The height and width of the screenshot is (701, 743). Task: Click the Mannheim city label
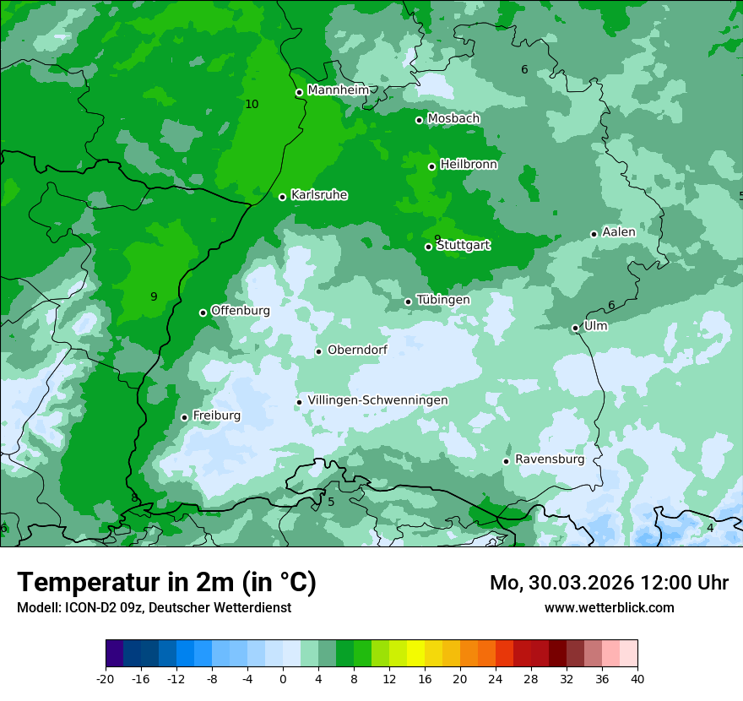pyautogui.click(x=338, y=90)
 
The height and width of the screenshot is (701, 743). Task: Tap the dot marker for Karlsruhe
pyautogui.click(x=282, y=197)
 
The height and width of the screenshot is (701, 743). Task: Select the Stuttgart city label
pyautogui.click(x=464, y=246)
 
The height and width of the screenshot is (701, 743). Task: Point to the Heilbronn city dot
pyautogui.click(x=431, y=166)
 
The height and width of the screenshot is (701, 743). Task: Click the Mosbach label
pyautogui.click(x=453, y=119)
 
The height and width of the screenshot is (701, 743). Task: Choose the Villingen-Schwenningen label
pyautogui.click(x=377, y=400)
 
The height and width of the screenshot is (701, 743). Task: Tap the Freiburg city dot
pyautogui.click(x=184, y=417)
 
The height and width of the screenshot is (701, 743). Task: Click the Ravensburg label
pyautogui.click(x=550, y=459)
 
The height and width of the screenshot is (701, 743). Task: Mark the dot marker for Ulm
pyautogui.click(x=575, y=328)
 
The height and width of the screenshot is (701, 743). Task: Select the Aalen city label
pyautogui.click(x=619, y=232)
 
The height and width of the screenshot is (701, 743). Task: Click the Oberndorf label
pyautogui.click(x=357, y=350)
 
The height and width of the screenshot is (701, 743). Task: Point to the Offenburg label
pyautogui.click(x=241, y=311)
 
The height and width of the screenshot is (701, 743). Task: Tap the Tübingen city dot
pyautogui.click(x=408, y=302)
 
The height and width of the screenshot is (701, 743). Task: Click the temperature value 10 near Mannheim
pyautogui.click(x=252, y=104)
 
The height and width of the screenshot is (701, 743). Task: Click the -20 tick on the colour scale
pyautogui.click(x=106, y=678)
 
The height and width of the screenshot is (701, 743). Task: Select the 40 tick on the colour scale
pyautogui.click(x=637, y=678)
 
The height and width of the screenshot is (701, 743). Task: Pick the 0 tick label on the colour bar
pyautogui.click(x=283, y=678)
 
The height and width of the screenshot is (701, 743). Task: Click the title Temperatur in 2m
pyautogui.click(x=166, y=583)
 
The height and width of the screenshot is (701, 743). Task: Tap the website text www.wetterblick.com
pyautogui.click(x=609, y=608)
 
